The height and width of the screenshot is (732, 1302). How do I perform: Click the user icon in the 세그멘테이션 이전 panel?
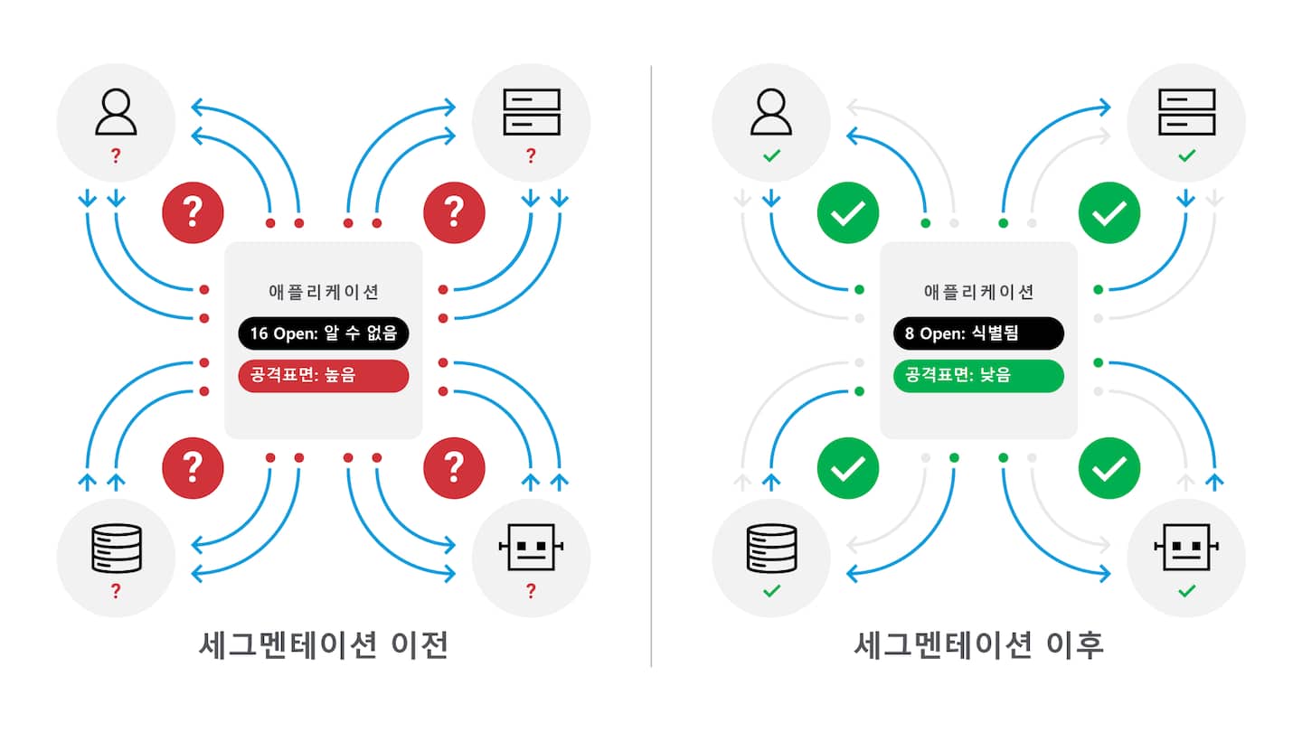[x=116, y=112]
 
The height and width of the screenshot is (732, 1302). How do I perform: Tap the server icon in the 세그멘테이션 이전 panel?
[x=531, y=112]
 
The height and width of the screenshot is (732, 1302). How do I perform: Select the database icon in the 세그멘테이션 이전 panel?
[x=116, y=548]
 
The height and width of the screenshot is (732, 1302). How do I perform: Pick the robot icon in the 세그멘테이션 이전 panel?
[x=531, y=548]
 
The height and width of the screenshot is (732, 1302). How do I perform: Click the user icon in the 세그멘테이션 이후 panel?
[x=771, y=112]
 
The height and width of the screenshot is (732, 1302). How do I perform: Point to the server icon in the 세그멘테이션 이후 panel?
[x=1186, y=112]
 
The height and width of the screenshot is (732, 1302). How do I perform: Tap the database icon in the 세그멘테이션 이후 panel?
[x=771, y=548]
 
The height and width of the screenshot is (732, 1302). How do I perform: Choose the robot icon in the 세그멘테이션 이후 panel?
[x=1186, y=548]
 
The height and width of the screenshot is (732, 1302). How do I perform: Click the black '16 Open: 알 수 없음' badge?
[x=324, y=333]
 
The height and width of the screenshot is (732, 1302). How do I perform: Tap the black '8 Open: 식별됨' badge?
[x=978, y=333]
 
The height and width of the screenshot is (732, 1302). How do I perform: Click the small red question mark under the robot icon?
[x=531, y=592]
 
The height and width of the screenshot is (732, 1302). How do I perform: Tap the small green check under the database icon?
[x=771, y=592]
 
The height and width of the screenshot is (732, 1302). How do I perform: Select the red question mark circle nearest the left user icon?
[x=192, y=212]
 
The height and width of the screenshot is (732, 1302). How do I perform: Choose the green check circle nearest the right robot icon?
[x=1109, y=467]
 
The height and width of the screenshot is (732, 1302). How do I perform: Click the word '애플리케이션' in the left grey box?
[x=324, y=292]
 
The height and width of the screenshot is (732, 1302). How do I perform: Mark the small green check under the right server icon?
[x=1186, y=156]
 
